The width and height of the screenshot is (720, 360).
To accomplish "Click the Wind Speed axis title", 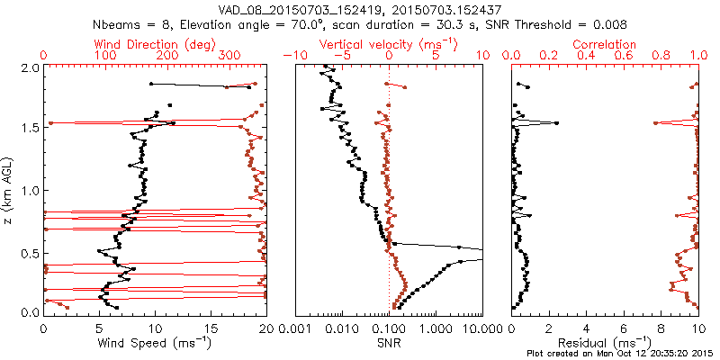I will point(154,342).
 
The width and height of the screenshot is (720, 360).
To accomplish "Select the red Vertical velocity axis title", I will point(389,44).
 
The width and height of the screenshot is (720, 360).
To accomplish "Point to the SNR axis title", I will point(389,342).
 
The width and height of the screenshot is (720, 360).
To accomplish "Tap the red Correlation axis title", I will point(605,44).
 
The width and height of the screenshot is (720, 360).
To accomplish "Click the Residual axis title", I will point(605,342).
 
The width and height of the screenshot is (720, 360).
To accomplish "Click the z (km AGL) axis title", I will point(9,190).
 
